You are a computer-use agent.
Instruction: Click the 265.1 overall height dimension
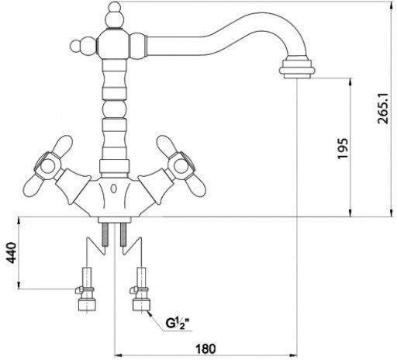(x=383, y=109)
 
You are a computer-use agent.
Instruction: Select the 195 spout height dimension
(x=343, y=149)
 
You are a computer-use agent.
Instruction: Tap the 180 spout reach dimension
(x=205, y=349)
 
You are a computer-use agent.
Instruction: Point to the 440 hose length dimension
(x=12, y=253)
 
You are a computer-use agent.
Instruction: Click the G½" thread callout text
(x=178, y=324)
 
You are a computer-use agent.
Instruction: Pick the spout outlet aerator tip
(x=297, y=69)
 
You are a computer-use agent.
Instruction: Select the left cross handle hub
(x=48, y=166)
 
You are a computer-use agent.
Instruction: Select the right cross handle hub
(x=181, y=166)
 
